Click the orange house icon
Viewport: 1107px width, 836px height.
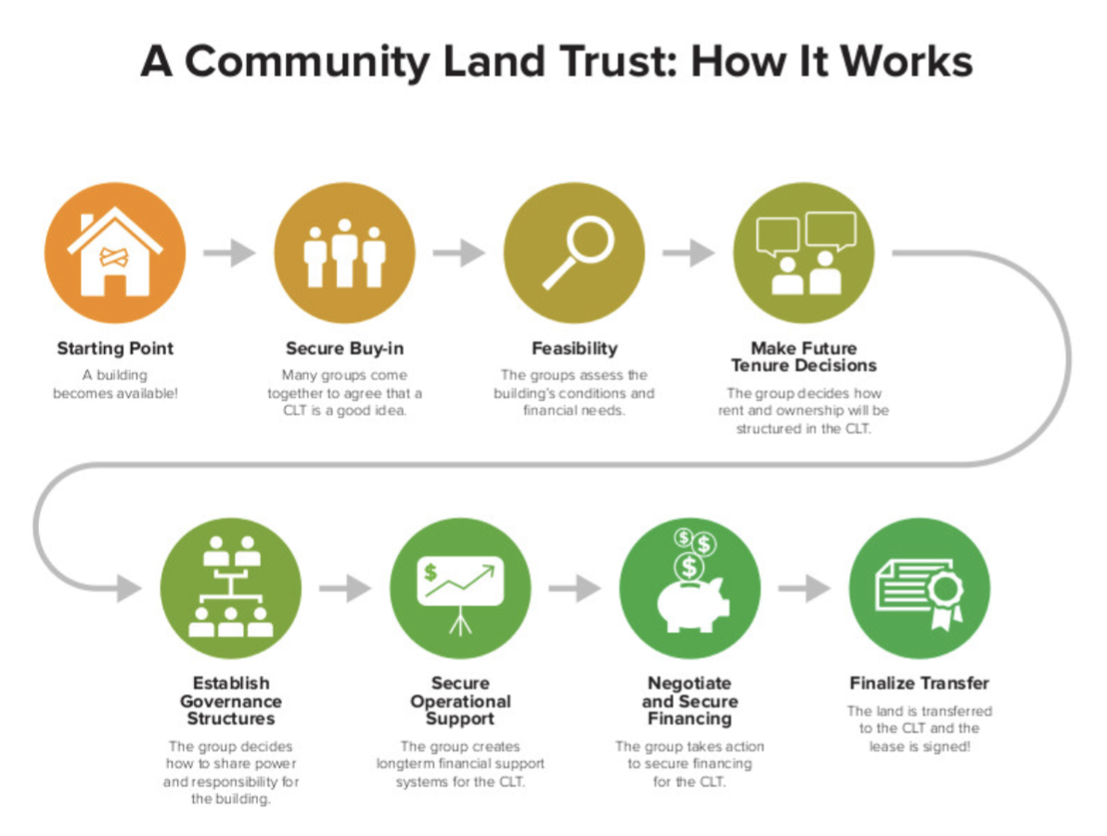pyautogui.click(x=115, y=252)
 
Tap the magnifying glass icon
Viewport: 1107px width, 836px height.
pyautogui.click(x=573, y=252)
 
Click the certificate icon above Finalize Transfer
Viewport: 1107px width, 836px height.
pyautogui.click(x=920, y=588)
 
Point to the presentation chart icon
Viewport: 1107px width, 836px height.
pyautogui.click(x=460, y=588)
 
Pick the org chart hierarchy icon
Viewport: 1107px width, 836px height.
pyautogui.click(x=230, y=588)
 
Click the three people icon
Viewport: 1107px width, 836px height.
pyautogui.click(x=344, y=252)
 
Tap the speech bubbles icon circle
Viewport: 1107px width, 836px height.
pyautogui.click(x=804, y=252)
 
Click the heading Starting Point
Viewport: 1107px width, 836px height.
pyautogui.click(x=115, y=349)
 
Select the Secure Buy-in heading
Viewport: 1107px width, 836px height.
pyautogui.click(x=344, y=349)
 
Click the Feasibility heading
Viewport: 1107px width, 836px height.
pyautogui.click(x=574, y=349)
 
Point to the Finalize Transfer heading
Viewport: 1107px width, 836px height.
pyautogui.click(x=920, y=684)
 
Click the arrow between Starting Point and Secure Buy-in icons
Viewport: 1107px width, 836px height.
pyautogui.click(x=229, y=252)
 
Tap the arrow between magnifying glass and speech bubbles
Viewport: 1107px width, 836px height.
pyautogui.click(x=689, y=252)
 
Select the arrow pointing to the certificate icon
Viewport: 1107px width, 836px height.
pyautogui.click(x=804, y=588)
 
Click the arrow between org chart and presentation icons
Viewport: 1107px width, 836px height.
pyautogui.click(x=344, y=588)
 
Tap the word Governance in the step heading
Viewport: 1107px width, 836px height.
pyautogui.click(x=230, y=701)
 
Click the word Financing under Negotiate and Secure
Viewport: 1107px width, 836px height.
pyautogui.click(x=689, y=718)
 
